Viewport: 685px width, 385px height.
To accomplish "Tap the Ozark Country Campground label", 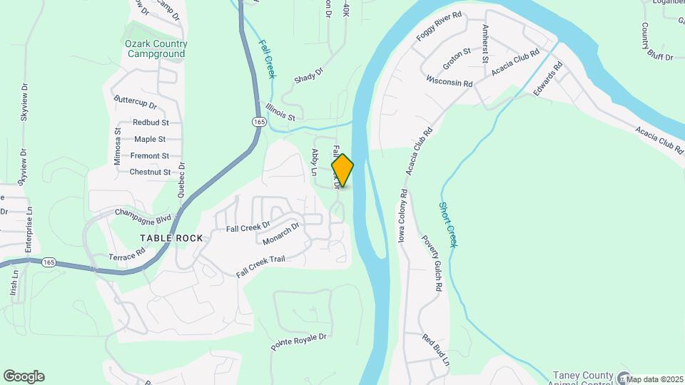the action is pyautogui.click(x=156, y=48).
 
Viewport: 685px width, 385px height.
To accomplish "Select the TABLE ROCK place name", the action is pyautogui.click(x=171, y=237).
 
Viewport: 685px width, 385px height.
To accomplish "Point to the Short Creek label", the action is pyautogui.click(x=447, y=224).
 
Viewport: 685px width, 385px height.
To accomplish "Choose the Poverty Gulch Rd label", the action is pyautogui.click(x=432, y=264).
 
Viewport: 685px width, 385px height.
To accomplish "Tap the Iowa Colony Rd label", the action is pyautogui.click(x=403, y=215).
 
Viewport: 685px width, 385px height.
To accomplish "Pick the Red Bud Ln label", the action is pyautogui.click(x=435, y=350).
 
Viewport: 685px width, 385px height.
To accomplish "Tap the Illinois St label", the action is pyautogui.click(x=280, y=111).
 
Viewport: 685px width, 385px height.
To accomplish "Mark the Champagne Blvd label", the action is pyautogui.click(x=143, y=212).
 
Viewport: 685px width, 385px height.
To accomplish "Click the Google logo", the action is pyautogui.click(x=24, y=376).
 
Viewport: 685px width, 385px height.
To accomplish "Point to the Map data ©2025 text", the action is pyautogui.click(x=654, y=379).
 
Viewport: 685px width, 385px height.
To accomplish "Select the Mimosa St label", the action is pyautogui.click(x=118, y=147).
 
